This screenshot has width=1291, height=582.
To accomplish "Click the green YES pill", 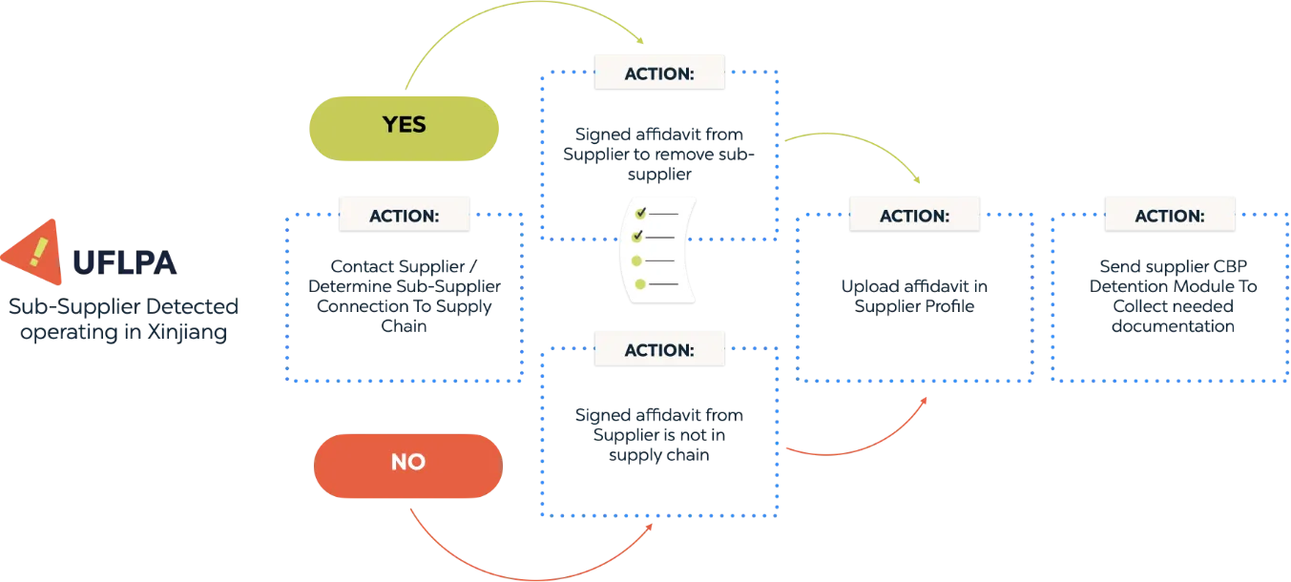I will pyautogui.click(x=404, y=125).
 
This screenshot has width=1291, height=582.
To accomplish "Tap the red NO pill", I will pyautogui.click(x=407, y=463).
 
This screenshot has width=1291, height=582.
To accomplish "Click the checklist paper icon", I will pyautogui.click(x=659, y=249).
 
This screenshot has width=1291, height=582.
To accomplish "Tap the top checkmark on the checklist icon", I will pyautogui.click(x=641, y=213).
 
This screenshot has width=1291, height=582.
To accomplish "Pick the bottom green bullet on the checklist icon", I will pyautogui.click(x=639, y=283).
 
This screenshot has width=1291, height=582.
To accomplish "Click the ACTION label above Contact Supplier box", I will pyautogui.click(x=405, y=215).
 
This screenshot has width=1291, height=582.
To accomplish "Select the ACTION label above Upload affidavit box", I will pyautogui.click(x=914, y=216).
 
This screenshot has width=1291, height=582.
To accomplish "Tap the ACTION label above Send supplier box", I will pyautogui.click(x=1169, y=216).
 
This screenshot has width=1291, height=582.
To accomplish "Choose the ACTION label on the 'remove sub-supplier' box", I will pyautogui.click(x=659, y=73).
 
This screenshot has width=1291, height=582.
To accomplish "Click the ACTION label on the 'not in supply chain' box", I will pyautogui.click(x=659, y=349).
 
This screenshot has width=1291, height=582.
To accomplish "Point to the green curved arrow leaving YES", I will pyautogui.click(x=515, y=19).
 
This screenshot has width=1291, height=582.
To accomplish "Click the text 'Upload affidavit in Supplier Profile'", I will pyautogui.click(x=913, y=297).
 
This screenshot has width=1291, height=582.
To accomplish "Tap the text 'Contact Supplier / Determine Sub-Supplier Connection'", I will pyautogui.click(x=405, y=295).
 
